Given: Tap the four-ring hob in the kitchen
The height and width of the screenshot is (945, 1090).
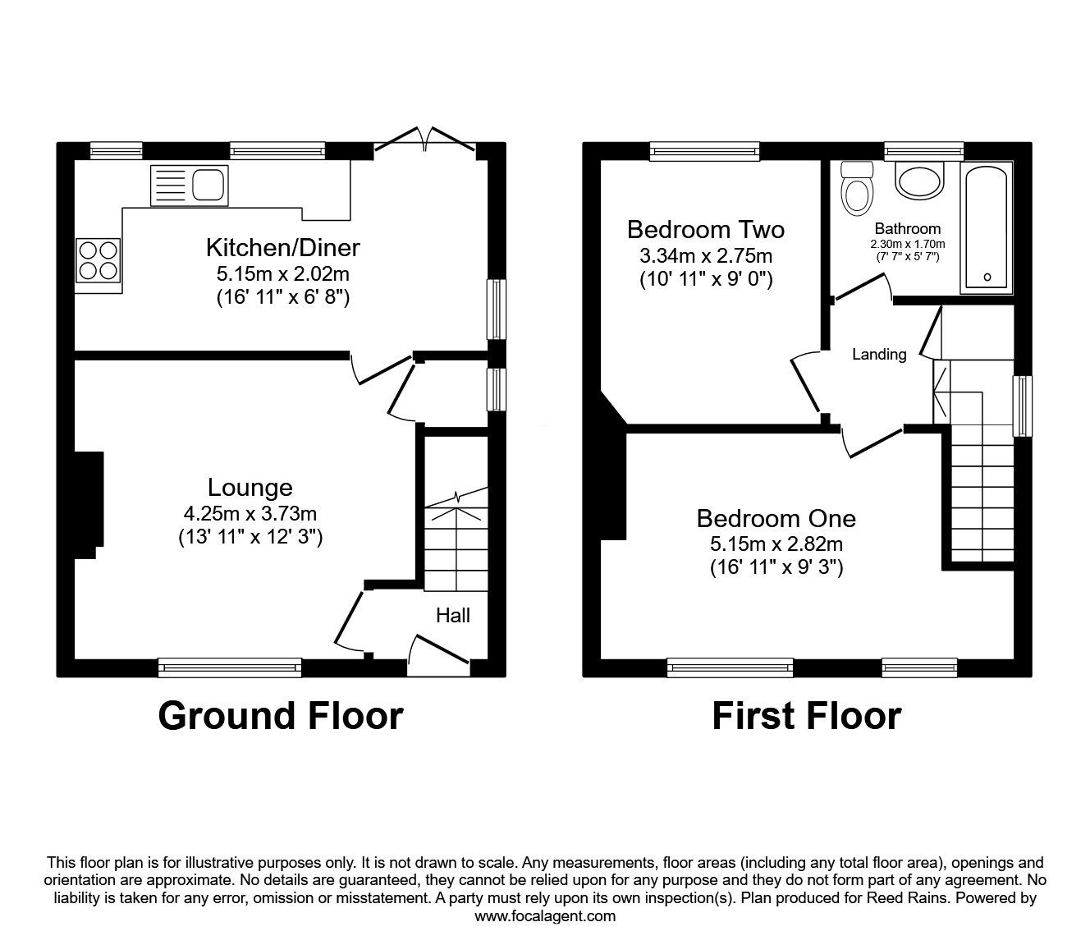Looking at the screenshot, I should point(98,259).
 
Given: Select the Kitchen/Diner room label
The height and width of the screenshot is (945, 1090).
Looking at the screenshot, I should point(282,246).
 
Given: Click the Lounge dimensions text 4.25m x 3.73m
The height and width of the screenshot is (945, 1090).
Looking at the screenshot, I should point(250,514).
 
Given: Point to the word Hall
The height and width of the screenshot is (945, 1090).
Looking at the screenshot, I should point(453,615).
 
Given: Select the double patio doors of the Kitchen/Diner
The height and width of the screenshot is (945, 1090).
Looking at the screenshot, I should point(424,142).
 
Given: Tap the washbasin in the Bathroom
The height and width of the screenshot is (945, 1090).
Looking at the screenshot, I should point(920,179).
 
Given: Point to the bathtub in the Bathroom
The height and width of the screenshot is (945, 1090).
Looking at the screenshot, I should point(987,226).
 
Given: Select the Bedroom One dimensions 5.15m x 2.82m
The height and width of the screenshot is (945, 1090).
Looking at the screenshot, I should point(776,544).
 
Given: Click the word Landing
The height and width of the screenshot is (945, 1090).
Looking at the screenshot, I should point(879,355).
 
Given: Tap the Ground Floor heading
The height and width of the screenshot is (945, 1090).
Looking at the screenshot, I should point(280,715).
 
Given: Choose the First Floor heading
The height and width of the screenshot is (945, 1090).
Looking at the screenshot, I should point(806,715).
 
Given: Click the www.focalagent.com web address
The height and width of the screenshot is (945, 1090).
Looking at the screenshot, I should point(545,916).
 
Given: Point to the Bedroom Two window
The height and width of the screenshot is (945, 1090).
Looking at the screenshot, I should point(704,150).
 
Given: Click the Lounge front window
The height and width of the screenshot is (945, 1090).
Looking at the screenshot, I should point(230,667).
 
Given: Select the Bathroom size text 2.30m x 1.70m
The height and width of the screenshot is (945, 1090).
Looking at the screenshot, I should point(908,244).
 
